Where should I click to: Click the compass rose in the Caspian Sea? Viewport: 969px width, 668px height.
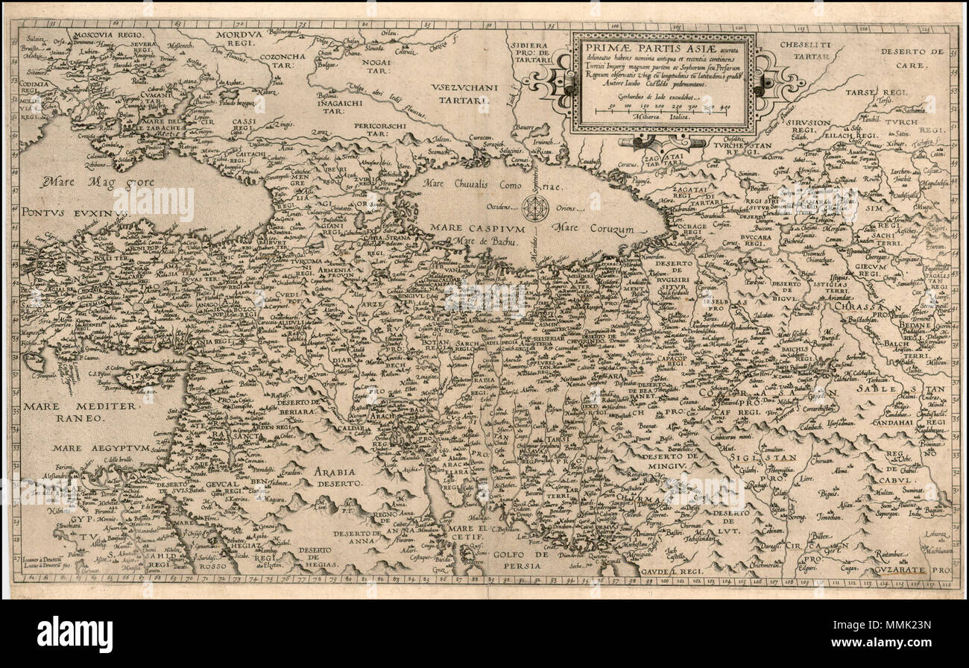click(535, 207)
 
